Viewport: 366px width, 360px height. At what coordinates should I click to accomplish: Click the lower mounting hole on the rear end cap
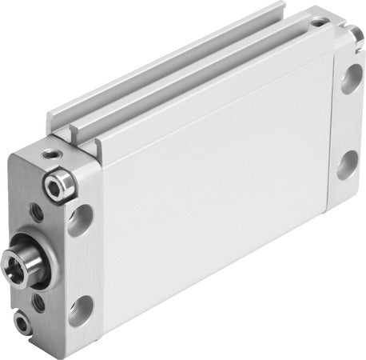[348, 169]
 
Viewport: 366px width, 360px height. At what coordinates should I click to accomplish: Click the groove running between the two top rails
[200, 75]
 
